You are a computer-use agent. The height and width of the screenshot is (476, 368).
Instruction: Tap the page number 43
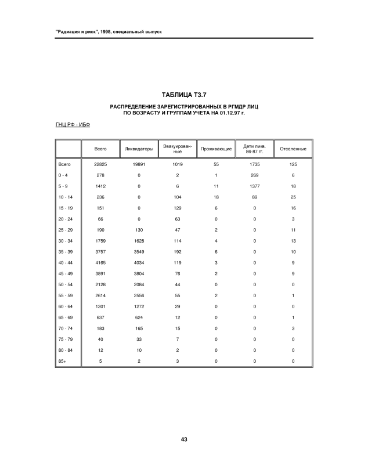183,439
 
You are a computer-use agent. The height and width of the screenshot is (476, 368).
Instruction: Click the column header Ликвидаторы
139,149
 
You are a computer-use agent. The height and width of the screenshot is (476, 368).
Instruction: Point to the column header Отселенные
293,149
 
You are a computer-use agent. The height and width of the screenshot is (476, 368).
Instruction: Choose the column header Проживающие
216,149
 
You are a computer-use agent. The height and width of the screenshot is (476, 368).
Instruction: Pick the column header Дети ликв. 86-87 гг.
255,149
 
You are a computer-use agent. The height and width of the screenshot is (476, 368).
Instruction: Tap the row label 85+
62,361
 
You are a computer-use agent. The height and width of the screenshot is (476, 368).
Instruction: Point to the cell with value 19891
139,165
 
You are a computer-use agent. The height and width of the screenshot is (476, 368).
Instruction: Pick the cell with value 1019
178,165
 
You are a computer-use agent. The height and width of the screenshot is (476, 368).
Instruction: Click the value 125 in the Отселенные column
293,165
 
